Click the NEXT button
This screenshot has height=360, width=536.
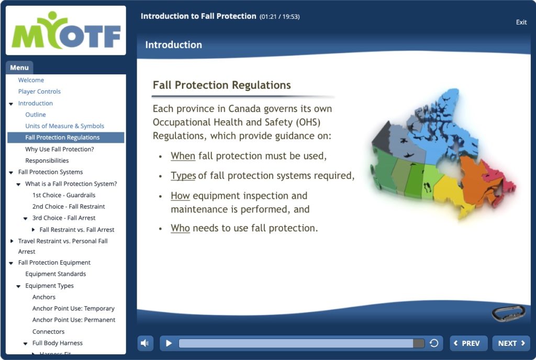[x=511, y=343]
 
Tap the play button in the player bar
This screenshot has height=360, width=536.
[x=169, y=343]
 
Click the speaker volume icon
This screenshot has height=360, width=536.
[x=145, y=343]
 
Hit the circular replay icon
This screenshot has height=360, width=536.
[x=434, y=343]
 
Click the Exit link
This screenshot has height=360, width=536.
[x=521, y=22]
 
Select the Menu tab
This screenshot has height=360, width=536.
[x=19, y=67]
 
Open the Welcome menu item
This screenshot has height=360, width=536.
[x=31, y=80]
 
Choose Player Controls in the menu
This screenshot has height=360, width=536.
[x=39, y=92]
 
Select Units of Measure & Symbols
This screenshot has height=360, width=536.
[x=64, y=126]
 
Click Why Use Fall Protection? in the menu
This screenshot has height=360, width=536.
[x=60, y=149]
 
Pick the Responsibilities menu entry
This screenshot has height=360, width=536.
[x=47, y=161]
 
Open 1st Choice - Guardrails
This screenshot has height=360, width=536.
[x=64, y=195]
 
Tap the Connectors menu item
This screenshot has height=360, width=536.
[x=48, y=332]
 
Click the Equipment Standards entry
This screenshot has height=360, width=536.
[x=55, y=274]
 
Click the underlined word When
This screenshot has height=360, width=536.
[x=183, y=156]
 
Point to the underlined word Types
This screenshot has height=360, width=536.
[x=183, y=176]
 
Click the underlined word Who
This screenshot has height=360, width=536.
[x=180, y=228]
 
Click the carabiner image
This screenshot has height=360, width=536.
[x=508, y=313]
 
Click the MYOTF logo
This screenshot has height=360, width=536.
[x=66, y=30]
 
